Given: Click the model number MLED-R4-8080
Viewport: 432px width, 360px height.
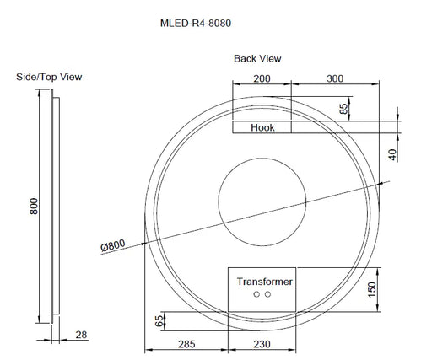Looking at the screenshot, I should tap(195, 24).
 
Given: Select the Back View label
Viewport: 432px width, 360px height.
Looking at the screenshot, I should tap(257, 59).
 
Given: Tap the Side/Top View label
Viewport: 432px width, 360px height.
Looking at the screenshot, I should tap(49, 77).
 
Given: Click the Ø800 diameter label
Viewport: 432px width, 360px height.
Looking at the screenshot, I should tap(112, 246).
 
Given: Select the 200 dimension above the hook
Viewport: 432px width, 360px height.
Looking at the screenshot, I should tap(262, 78).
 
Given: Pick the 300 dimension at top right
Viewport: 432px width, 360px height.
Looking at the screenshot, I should tap(336, 78).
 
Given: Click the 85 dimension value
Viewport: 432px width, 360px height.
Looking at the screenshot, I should tap(343, 108).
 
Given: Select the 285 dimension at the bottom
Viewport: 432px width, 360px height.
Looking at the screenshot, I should tap(186, 345).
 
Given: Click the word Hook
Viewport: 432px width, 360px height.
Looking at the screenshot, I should tap(262, 128).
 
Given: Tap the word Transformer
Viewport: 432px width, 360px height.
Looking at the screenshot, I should tap(264, 282).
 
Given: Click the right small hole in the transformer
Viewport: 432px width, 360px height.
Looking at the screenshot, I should tap(269, 295).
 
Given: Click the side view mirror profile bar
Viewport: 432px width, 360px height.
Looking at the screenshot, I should tap(56, 207).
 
